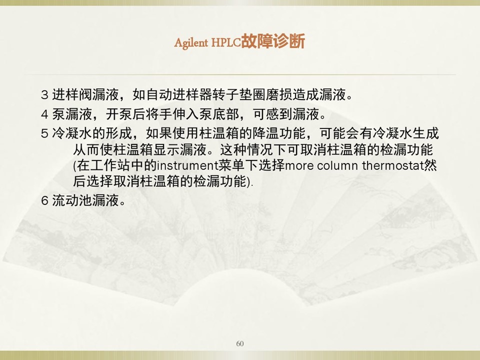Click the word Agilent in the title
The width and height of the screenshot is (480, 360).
191,43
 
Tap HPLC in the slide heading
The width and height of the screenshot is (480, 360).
226,42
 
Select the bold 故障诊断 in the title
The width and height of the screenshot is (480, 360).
273,41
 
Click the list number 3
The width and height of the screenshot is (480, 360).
44,95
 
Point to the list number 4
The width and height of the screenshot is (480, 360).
44,114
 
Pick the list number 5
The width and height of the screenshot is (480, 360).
44,133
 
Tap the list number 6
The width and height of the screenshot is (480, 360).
44,201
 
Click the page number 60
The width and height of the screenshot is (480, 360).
240,343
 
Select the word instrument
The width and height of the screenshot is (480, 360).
187,165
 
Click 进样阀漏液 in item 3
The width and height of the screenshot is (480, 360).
85,94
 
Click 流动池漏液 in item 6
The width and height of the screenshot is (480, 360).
85,200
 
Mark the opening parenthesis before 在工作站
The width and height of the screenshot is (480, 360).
74,166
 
